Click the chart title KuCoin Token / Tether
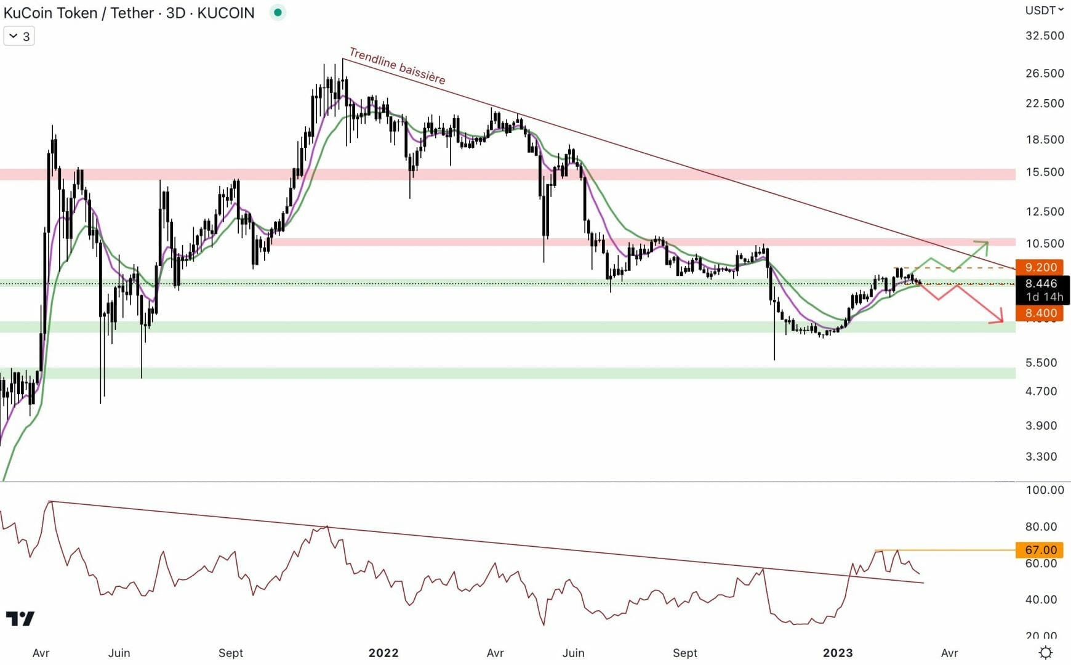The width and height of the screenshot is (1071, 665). (79, 13)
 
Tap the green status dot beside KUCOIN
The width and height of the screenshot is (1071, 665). (278, 12)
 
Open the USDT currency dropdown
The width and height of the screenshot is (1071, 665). (1044, 10)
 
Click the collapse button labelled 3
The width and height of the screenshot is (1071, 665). (19, 36)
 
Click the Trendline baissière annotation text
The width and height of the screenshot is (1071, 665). (397, 66)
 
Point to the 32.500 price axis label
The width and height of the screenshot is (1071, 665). (1044, 36)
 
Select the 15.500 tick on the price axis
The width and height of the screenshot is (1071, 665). (1044, 172)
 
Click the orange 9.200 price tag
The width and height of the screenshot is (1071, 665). (1040, 267)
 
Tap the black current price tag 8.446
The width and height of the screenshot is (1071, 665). (1041, 284)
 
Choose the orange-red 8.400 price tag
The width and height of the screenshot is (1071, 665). (1040, 313)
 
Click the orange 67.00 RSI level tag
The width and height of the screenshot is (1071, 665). (1040, 550)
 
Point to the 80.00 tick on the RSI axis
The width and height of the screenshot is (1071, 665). (1041, 526)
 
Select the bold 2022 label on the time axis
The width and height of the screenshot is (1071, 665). (383, 653)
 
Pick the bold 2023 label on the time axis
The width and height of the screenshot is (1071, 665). (838, 653)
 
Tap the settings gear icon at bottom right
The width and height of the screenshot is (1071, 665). (1045, 652)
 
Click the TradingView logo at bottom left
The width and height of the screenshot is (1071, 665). (20, 618)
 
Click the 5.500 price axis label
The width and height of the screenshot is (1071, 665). (1041, 363)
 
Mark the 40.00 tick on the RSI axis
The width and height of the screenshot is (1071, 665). (1041, 600)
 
